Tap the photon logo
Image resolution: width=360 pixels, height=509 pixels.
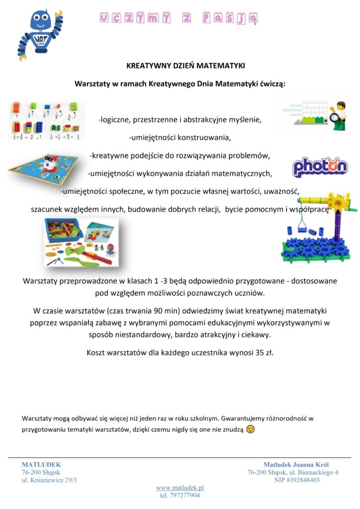320,167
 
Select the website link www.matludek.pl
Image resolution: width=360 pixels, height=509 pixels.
180,488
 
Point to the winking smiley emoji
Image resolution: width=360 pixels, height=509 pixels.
250,429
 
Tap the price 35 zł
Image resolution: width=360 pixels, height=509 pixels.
262,353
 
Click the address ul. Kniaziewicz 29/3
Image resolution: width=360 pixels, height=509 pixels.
49,480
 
